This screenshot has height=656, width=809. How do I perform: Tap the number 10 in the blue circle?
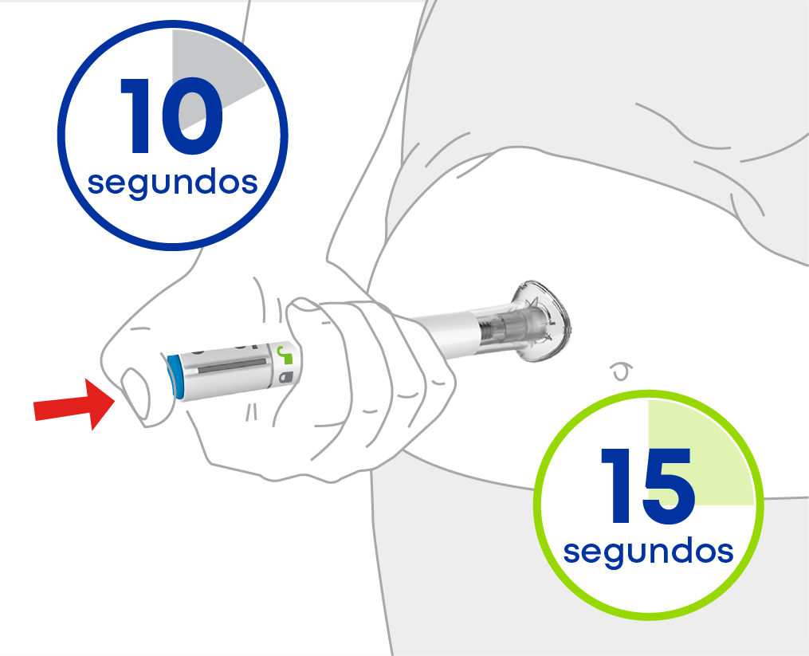[171, 116]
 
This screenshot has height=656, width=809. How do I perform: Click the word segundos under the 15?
[648, 552]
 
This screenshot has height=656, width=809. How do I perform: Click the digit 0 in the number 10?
[193, 116]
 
